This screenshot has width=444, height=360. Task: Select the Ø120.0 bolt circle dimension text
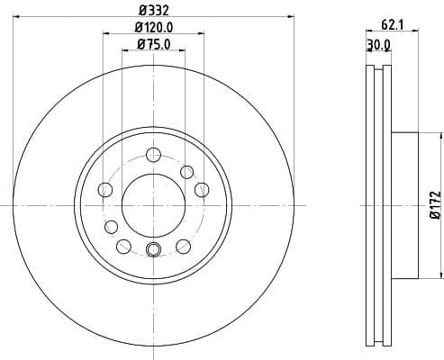pos(154,27)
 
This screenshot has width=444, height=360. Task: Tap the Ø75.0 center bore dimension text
pos(154,43)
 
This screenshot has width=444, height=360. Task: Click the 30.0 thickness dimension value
pos(378,44)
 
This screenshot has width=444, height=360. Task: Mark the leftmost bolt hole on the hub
pos(104,189)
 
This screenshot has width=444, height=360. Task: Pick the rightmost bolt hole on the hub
pos(202,189)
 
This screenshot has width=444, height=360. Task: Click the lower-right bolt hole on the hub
pos(184,244)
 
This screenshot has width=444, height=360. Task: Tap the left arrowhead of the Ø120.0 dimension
pos(106,34)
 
